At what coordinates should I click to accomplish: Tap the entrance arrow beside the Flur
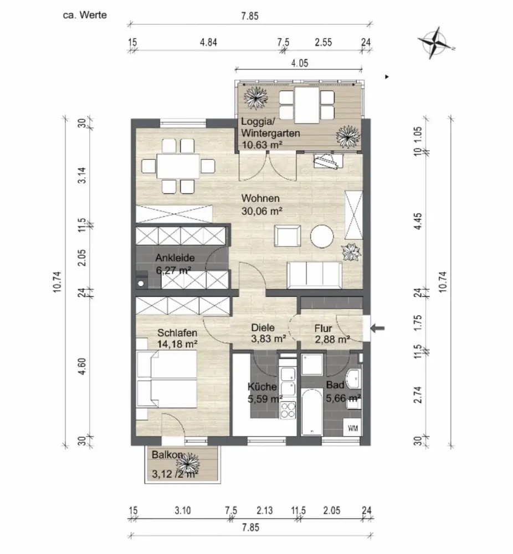377,328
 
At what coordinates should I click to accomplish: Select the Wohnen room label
260,198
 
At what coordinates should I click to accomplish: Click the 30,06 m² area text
262,211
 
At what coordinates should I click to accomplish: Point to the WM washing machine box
352,429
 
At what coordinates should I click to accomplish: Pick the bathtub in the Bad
312,412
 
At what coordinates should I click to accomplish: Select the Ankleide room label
175,258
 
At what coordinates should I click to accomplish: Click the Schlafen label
177,333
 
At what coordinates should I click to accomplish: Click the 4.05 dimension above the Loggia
300,63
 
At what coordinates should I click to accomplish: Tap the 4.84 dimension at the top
208,43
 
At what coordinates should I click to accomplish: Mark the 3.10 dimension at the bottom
183,511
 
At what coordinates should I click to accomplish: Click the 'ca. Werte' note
85,15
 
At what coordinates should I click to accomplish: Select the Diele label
263,328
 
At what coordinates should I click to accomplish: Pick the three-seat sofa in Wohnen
315,275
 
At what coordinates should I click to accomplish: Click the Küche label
262,387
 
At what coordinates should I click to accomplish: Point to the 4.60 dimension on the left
82,366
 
